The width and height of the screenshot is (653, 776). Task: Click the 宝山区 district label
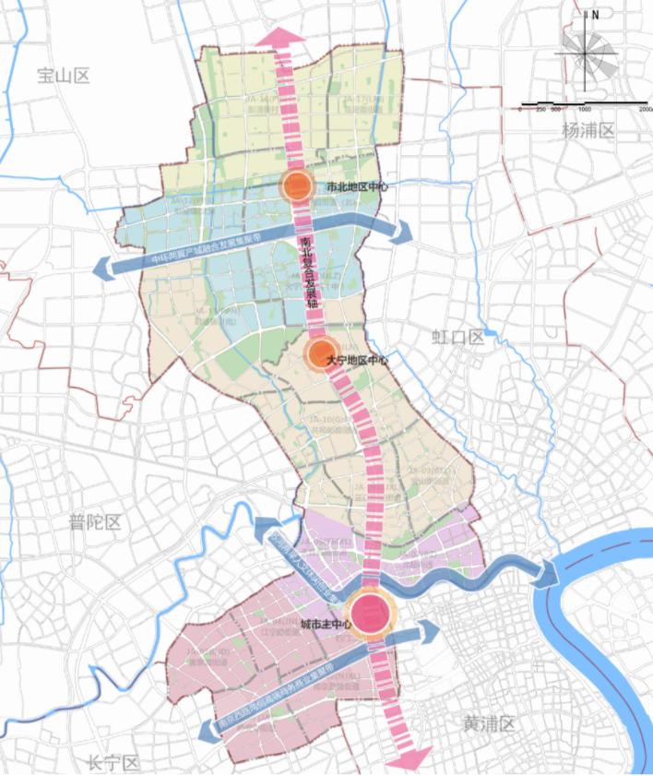click(x=63, y=77)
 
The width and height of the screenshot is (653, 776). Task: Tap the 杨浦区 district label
click(x=588, y=131)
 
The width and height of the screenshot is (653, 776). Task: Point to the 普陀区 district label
click(x=95, y=523)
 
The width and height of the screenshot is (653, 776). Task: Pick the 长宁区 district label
click(x=113, y=763)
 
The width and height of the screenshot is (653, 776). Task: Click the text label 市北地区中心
click(x=360, y=186)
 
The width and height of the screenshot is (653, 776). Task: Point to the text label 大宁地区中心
click(x=358, y=361)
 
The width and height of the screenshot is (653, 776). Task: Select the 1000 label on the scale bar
click(x=585, y=109)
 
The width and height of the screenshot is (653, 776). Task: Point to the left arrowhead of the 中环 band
click(x=101, y=269)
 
